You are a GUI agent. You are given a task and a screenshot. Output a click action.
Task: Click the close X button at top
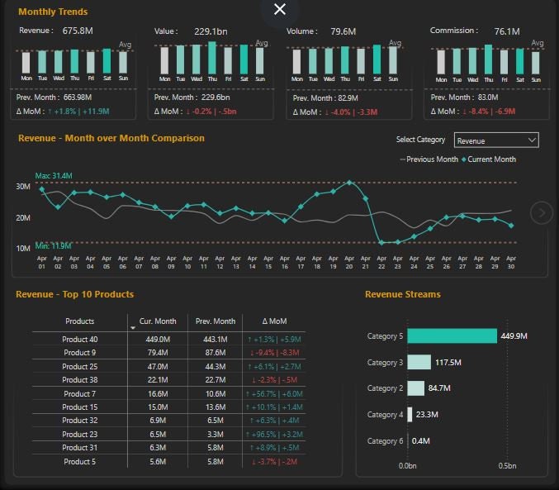click(x=280, y=9)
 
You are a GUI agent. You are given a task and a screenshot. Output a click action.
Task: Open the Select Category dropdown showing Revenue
click(x=496, y=140)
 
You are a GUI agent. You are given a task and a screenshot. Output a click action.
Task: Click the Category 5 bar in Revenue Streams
click(x=452, y=335)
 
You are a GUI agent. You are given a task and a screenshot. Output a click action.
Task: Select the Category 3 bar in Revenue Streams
click(x=419, y=362)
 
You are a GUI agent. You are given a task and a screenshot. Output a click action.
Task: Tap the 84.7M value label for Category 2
click(x=440, y=388)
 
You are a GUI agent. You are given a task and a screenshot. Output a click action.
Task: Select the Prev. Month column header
click(x=215, y=321)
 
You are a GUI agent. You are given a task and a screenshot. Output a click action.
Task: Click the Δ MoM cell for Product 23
click(x=274, y=433)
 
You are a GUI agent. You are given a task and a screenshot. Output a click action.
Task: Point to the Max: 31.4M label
click(x=54, y=176)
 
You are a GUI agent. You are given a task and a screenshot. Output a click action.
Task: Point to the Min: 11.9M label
click(x=53, y=245)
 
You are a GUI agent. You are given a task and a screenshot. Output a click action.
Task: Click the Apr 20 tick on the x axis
click(x=349, y=262)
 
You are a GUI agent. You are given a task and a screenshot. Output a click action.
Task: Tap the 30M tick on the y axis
click(x=23, y=187)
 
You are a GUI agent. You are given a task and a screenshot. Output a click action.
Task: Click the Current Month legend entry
click(x=490, y=159)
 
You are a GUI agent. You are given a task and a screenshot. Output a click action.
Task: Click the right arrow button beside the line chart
click(x=542, y=213)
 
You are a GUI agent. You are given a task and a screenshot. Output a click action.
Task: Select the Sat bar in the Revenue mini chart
click(x=107, y=62)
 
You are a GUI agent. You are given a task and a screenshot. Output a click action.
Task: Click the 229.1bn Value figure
click(x=205, y=31)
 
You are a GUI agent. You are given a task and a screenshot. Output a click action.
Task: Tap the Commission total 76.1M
click(x=507, y=31)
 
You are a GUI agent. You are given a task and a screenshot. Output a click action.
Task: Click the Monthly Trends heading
click(x=53, y=12)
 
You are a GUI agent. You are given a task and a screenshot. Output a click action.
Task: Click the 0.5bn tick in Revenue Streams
click(x=507, y=466)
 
